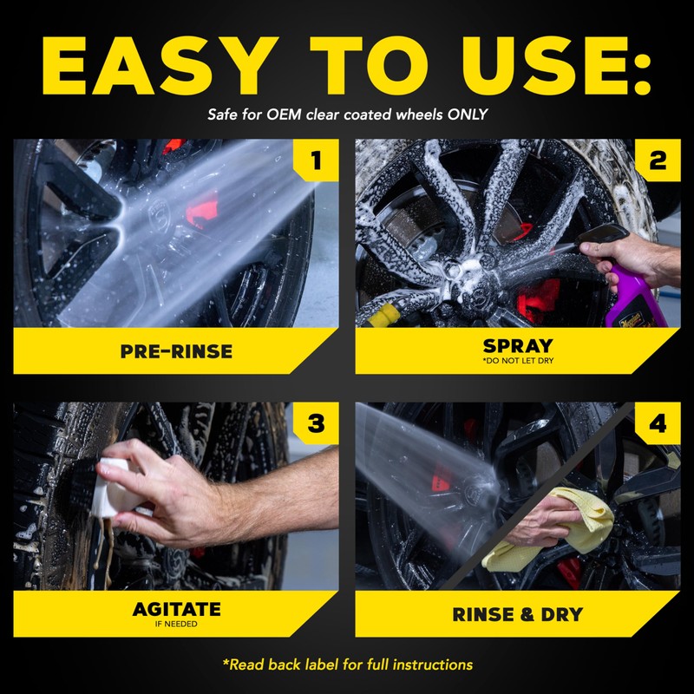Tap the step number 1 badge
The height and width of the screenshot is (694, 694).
[x=315, y=160]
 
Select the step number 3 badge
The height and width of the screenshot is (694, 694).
[x=315, y=423]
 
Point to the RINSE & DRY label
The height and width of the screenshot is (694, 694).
[x=517, y=615]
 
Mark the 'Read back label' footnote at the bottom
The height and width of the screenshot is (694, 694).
[x=347, y=665]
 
